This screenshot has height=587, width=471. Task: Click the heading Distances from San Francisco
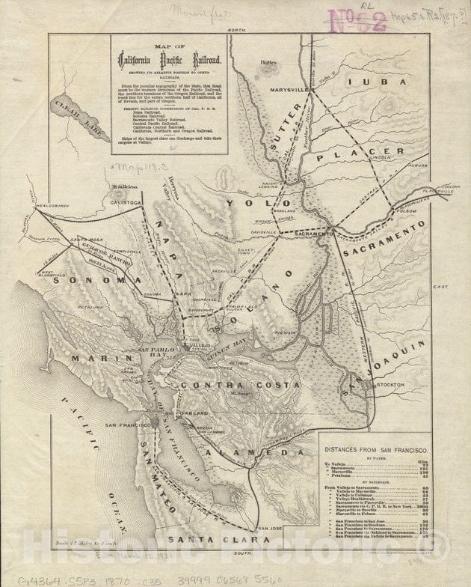(375, 451)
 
